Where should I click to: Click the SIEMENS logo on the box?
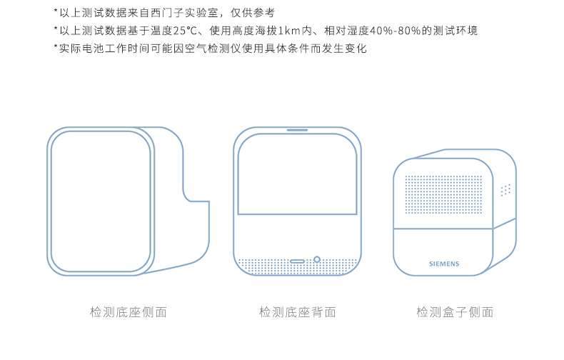click(x=444, y=264)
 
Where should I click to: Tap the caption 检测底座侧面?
click(x=129, y=312)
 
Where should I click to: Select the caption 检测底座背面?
click(x=297, y=312)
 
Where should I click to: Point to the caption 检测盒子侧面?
click(x=455, y=312)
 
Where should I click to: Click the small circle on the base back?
click(x=316, y=260)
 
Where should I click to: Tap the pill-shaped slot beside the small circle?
click(x=298, y=261)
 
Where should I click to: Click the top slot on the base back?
click(x=297, y=130)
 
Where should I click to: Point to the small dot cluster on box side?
click(x=505, y=190)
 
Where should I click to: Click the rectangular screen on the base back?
click(x=297, y=175)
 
